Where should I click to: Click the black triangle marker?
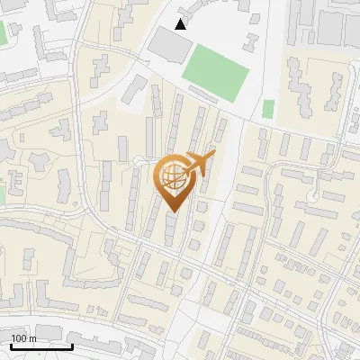tap(181, 24)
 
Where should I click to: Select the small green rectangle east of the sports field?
tap(268, 109)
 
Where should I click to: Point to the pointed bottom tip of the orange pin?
tap(172, 211)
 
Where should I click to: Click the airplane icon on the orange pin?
tap(200, 164)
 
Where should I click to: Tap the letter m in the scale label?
tap(32, 338)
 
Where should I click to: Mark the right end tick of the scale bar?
tap(72, 344)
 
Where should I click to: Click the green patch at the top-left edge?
tap(2, 33)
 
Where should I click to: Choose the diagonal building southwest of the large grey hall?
tap(135, 87)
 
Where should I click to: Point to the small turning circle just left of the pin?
tap(138, 159)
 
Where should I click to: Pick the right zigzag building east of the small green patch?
tap(334, 86)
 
